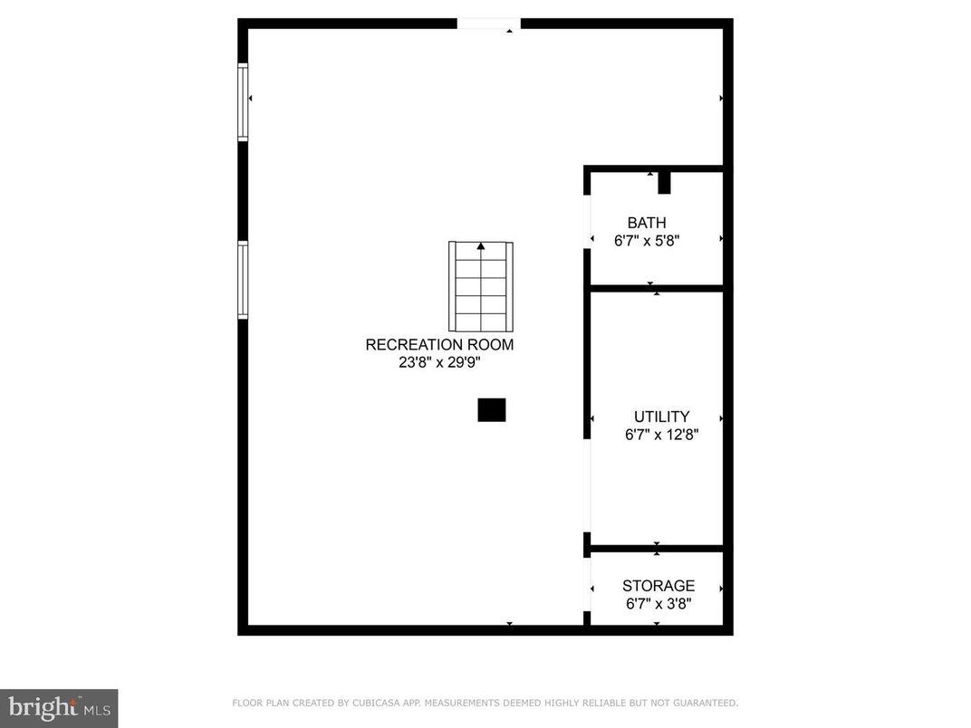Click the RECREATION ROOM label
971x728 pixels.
(x=439, y=345)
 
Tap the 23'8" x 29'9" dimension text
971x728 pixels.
(x=439, y=362)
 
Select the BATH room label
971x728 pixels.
(x=647, y=223)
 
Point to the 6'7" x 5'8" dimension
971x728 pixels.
(x=647, y=241)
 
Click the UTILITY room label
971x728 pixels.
(x=661, y=417)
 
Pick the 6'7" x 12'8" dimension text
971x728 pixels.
(x=661, y=435)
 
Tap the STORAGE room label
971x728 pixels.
(x=659, y=586)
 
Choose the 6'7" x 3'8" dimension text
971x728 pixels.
(x=659, y=604)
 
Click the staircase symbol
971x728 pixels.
(x=481, y=286)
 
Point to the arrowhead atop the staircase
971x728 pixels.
(x=481, y=245)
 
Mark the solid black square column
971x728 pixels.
(x=492, y=410)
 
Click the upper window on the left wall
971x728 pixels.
(x=243, y=101)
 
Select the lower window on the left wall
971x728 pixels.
(x=243, y=280)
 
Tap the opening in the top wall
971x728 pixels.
(x=488, y=24)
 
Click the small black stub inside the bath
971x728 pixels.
(x=664, y=182)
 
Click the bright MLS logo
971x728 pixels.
(x=59, y=707)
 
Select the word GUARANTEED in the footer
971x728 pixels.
(x=706, y=703)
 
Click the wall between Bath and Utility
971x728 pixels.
(x=656, y=288)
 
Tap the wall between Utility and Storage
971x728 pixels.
(x=656, y=548)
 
